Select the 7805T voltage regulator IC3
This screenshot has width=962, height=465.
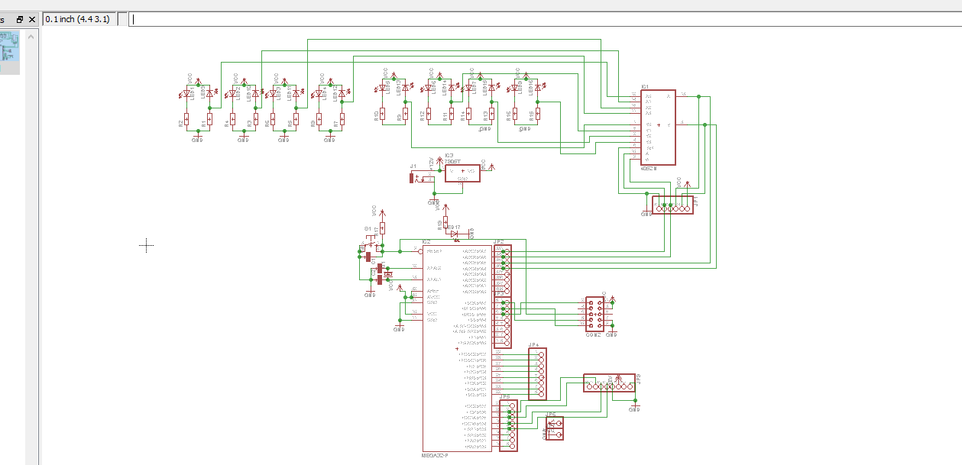[462, 173]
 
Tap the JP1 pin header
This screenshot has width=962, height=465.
[672, 205]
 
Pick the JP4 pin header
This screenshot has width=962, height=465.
[537, 373]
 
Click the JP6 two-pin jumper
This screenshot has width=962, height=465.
[555, 428]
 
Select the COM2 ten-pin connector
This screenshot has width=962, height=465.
[595, 313]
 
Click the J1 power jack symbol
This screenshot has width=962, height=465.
[413, 179]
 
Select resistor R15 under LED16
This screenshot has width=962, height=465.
[538, 115]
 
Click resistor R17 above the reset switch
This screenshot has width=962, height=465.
[382, 228]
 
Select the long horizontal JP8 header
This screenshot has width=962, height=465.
[609, 383]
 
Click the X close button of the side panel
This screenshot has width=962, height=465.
[31, 19]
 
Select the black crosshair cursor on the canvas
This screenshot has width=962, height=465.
[147, 245]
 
